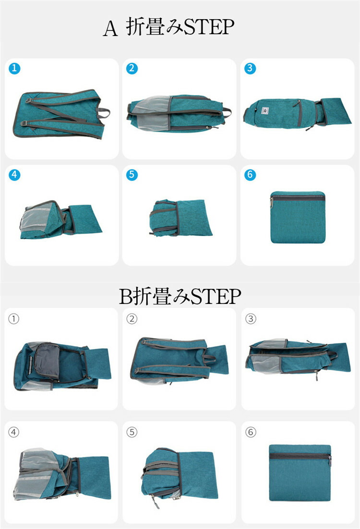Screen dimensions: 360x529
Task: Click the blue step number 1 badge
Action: coord(14,68)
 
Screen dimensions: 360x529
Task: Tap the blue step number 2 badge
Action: coord(132,68)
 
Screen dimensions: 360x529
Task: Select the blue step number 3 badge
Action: coord(250,68)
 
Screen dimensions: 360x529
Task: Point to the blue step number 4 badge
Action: coord(14,175)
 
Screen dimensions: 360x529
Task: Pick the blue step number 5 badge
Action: coord(132,175)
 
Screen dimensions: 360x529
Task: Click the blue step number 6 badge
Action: coord(250,175)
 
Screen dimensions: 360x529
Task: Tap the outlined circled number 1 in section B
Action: coord(13,318)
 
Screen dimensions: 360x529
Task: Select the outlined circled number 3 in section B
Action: coord(251,318)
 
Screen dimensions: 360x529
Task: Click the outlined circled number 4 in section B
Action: coord(13,432)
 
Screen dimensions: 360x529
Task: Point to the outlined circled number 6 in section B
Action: coord(251,432)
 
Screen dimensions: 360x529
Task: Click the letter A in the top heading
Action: coord(110,28)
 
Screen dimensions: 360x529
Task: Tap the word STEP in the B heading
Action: coord(216,297)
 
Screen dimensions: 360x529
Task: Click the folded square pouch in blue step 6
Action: coord(298,217)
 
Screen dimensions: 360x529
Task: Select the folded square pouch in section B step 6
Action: coord(300,473)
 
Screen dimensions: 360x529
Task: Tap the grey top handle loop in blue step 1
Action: coord(103,113)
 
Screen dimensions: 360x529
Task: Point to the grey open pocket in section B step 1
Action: coord(47,360)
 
